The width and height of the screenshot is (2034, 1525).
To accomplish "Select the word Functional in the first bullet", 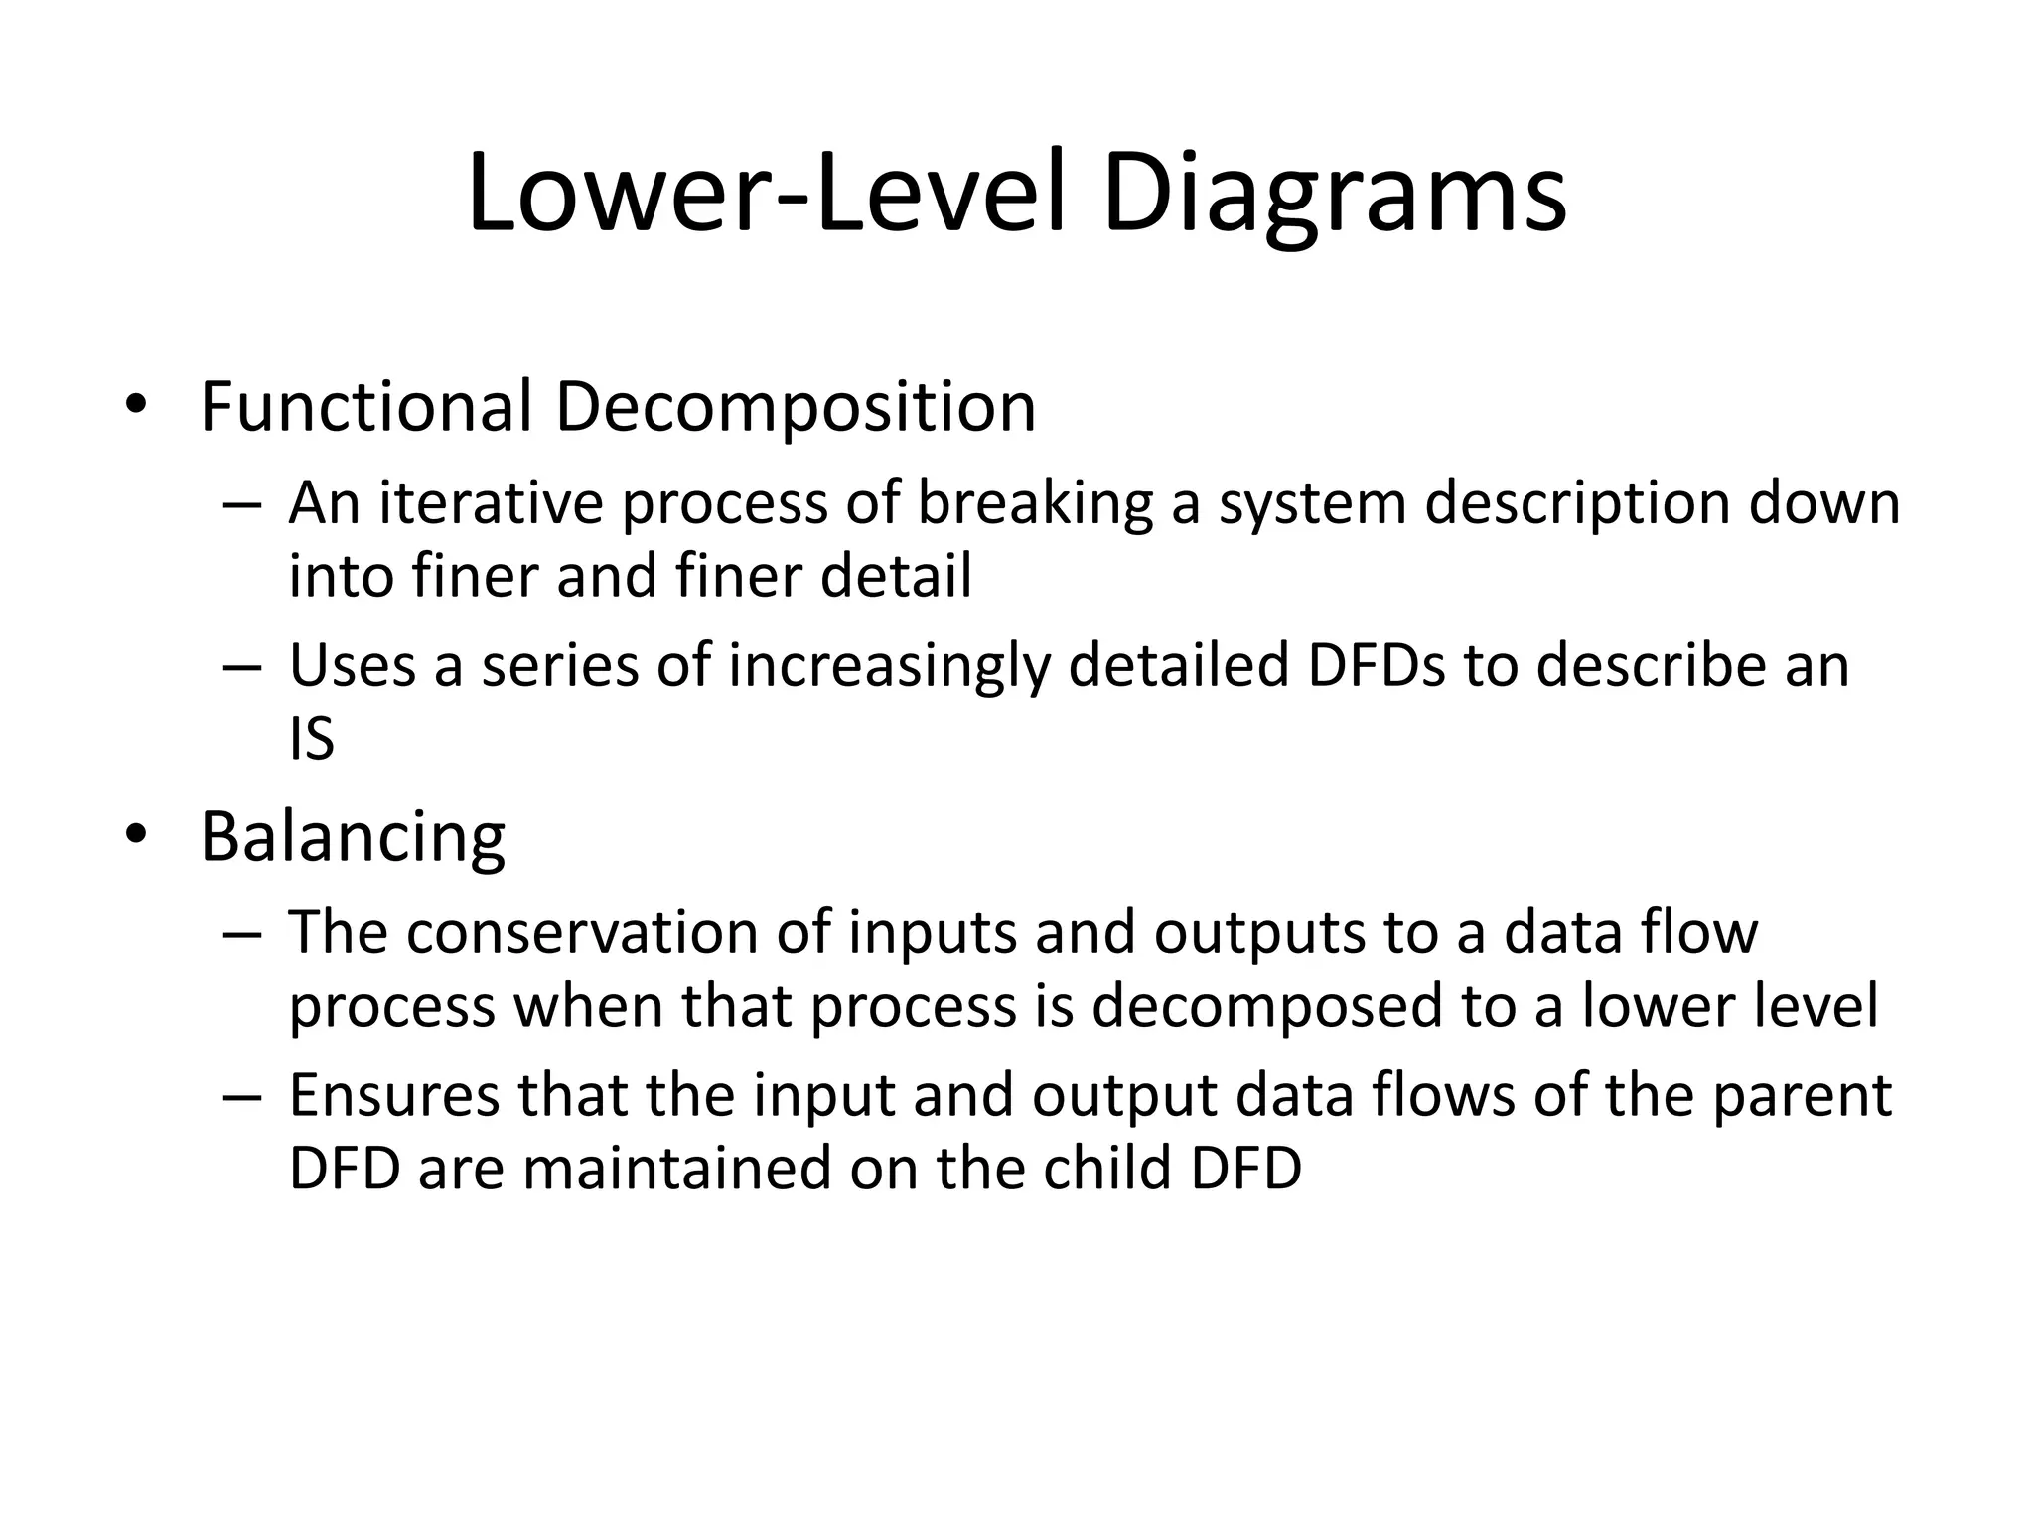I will pyautogui.click(x=367, y=407).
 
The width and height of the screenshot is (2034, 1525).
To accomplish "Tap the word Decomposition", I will pyautogui.click(x=795, y=407).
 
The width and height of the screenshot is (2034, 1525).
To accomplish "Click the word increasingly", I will pyautogui.click(x=889, y=665).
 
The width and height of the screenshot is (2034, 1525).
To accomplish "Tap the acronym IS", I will pyautogui.click(x=312, y=739).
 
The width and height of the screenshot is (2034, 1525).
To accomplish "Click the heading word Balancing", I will pyautogui.click(x=353, y=836).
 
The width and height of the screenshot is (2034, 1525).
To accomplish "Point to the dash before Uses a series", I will pyautogui.click(x=242, y=665).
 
